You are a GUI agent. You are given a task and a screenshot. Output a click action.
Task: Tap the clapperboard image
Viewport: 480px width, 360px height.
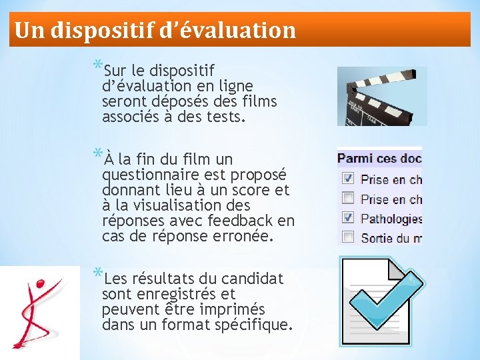coord(381,96)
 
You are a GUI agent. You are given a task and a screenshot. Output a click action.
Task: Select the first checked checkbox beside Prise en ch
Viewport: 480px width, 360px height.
coord(347,179)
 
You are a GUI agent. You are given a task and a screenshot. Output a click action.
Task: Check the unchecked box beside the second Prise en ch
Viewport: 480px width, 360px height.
coord(347,198)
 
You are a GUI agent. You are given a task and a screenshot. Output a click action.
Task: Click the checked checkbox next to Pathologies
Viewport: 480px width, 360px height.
coord(347,217)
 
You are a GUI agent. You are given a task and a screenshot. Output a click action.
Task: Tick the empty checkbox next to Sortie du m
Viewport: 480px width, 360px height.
coord(347,237)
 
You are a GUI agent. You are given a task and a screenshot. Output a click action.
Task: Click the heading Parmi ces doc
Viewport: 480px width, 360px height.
coord(379,159)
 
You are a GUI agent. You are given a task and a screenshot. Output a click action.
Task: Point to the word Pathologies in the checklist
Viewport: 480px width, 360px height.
coord(391,218)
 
